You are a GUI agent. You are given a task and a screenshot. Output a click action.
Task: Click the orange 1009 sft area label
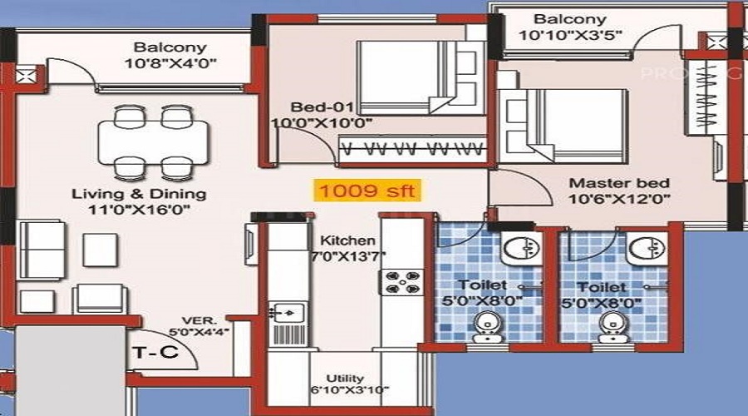(367, 191)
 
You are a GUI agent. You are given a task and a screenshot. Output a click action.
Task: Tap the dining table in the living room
(153, 142)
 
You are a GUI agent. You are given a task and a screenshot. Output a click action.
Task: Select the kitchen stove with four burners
(401, 282)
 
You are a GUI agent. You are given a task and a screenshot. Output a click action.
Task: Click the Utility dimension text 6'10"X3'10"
(350, 389)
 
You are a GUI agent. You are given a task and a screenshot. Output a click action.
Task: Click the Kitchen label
(347, 240)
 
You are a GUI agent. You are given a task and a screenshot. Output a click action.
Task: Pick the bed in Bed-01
(416, 77)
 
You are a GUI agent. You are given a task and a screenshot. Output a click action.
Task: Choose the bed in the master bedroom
(563, 124)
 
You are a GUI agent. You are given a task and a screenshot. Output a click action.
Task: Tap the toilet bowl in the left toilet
(488, 327)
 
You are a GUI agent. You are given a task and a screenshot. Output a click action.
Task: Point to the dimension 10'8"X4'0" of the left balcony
(170, 63)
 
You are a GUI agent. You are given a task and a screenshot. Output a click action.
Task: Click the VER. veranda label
(199, 320)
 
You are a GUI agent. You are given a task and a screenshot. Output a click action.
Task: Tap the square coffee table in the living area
(101, 250)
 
